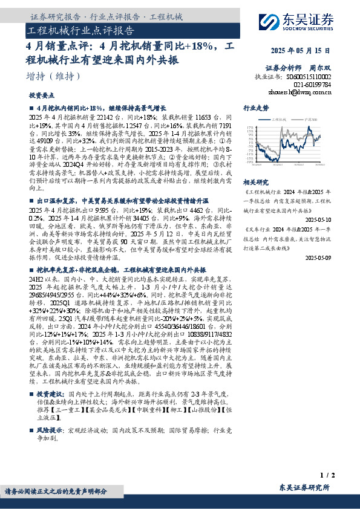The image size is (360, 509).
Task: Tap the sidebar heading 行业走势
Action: [255, 107]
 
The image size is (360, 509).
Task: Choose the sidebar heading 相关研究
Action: [255, 181]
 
